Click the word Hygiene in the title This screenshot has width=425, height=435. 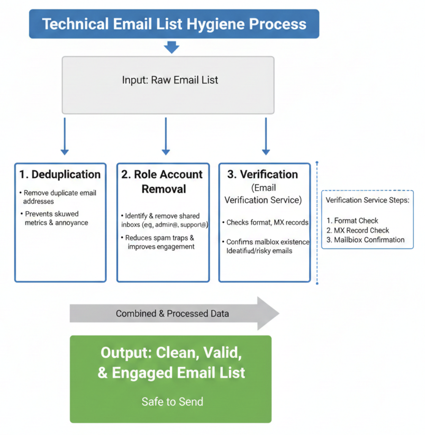(x=216, y=24)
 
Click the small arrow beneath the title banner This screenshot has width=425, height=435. (x=171, y=48)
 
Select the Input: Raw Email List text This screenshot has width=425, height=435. (x=170, y=80)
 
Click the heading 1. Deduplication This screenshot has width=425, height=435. (x=60, y=175)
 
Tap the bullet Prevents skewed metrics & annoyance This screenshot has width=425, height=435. (x=56, y=218)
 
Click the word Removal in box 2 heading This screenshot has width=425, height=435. (x=164, y=189)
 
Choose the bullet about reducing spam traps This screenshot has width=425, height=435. (x=160, y=242)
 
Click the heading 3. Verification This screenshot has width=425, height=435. (x=263, y=175)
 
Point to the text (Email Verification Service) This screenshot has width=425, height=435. (x=263, y=194)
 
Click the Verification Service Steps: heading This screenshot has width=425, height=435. (x=367, y=200)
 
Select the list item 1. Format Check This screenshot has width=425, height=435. (x=352, y=221)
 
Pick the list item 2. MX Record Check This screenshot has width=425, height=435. (x=358, y=230)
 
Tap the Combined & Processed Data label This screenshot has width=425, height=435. (x=172, y=314)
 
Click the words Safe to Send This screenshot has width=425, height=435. (x=172, y=402)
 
